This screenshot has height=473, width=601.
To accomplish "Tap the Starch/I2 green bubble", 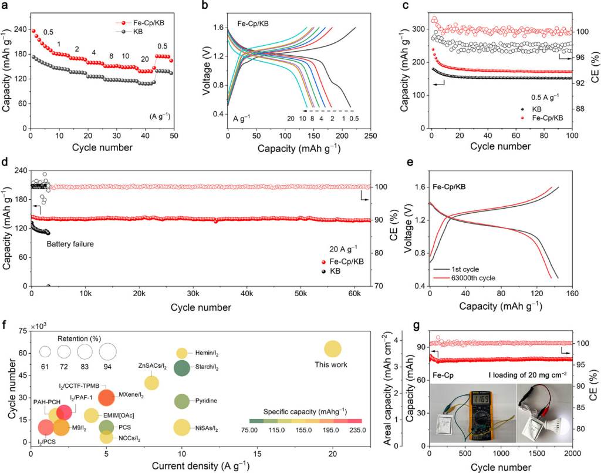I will click(182, 368).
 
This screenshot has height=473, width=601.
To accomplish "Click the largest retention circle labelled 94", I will click(107, 352).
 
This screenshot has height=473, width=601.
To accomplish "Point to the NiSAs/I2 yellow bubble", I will click(182, 428).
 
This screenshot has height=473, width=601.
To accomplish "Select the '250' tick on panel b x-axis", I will click(370, 134).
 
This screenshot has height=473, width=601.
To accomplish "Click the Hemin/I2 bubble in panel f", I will click(182, 353).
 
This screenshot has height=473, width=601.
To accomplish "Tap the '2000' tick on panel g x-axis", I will click(572, 453).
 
